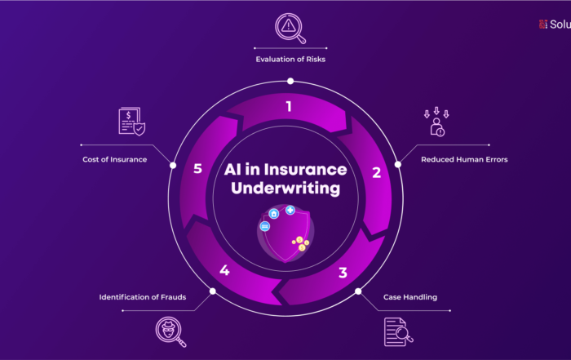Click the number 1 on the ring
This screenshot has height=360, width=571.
pos(288,105)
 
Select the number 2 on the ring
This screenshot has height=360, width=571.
pos(377,172)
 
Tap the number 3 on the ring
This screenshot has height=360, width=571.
pos(343,273)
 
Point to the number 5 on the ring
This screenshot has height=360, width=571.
pos(197,169)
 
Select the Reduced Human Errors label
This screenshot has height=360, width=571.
pos(464,160)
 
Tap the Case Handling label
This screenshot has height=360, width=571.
pos(410,297)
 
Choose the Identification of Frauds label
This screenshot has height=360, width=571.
pos(143,297)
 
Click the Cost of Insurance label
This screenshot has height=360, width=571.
pos(114,160)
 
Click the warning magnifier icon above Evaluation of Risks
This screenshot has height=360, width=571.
pos(290,28)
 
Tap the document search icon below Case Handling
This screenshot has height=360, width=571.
pos(397,331)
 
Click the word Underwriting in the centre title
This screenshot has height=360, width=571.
pos(285,189)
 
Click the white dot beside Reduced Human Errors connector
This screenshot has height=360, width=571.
pos(398,164)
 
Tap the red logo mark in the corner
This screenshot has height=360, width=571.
pos(543,24)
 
